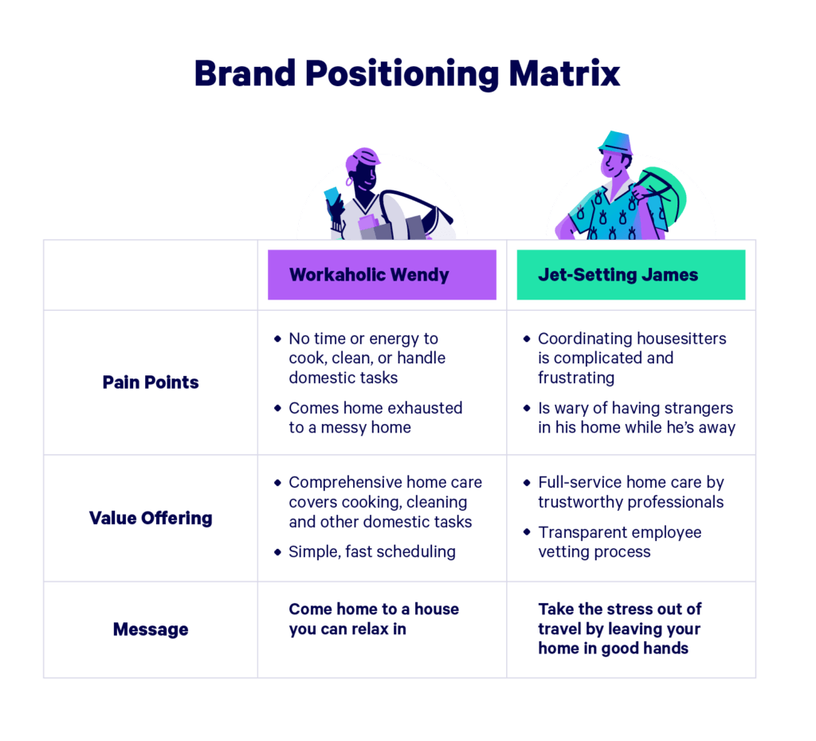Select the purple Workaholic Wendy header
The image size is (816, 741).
382,275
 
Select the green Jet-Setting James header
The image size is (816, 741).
630,275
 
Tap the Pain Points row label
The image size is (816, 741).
151,382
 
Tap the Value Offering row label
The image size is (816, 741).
151,518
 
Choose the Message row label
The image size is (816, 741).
151,629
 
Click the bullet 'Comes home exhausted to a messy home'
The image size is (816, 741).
375,418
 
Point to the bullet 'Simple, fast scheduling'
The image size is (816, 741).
371,551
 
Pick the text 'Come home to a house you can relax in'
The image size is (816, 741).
374,619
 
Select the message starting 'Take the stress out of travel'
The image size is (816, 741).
619,629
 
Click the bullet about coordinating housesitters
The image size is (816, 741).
631,358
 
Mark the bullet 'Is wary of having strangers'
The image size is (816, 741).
635,418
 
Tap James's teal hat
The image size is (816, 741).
614,143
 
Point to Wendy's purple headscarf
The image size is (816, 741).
363,156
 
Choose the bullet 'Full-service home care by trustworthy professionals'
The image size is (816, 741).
630,492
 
